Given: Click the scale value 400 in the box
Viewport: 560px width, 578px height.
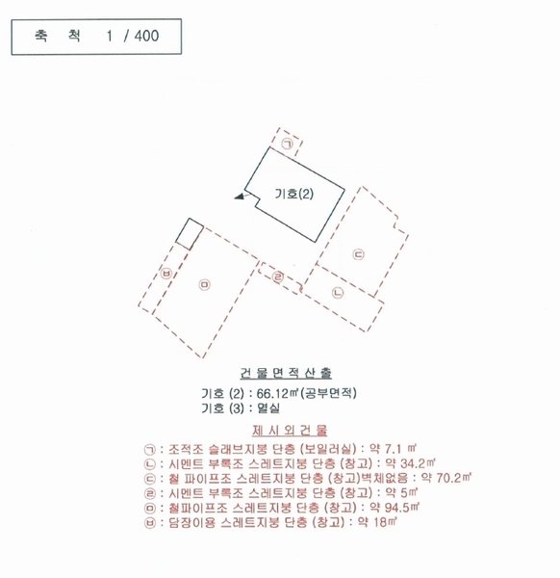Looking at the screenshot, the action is tap(146, 36).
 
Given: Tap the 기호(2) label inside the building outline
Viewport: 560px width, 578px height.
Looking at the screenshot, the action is tap(294, 194).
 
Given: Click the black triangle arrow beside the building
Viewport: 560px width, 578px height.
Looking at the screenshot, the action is tap(240, 197).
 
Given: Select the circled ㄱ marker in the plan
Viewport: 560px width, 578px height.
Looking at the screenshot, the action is tap(288, 144).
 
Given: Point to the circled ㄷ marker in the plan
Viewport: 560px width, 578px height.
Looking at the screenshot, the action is tap(358, 254).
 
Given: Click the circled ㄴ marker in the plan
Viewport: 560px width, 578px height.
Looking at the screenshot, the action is tap(338, 293).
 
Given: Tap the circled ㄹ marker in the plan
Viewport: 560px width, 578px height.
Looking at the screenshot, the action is tap(278, 276).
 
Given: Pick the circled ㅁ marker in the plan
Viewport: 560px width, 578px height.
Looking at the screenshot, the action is tap(204, 284).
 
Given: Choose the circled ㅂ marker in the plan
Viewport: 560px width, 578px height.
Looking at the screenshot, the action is tap(166, 274).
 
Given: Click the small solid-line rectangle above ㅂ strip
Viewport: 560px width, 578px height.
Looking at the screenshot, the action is tap(190, 234).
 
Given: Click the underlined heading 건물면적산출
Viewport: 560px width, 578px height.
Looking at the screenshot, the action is tap(286, 373).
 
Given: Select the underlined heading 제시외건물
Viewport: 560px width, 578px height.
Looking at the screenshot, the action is tap(290, 431).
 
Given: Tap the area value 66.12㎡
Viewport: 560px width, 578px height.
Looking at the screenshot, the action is tap(277, 393).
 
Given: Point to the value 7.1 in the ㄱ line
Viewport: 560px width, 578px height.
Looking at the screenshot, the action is tap(393, 449).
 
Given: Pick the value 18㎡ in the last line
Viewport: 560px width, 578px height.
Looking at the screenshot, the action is tap(385, 522).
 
